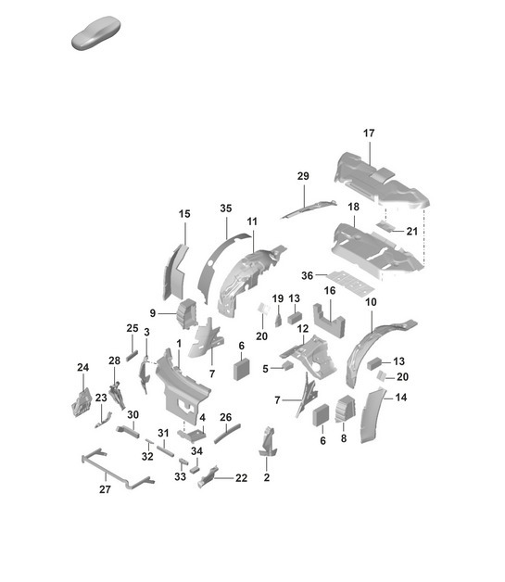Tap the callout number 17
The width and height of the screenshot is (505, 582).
369,133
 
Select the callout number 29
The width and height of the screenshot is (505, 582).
302,176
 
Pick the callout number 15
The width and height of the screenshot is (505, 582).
183,214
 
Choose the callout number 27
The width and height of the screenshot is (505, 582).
104,489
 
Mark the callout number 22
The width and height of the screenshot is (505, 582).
242,477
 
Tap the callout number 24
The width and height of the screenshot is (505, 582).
82,368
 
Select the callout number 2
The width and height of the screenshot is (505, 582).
266,477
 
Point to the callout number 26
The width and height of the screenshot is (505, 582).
225,417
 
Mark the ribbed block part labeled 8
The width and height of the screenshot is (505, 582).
343,409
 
